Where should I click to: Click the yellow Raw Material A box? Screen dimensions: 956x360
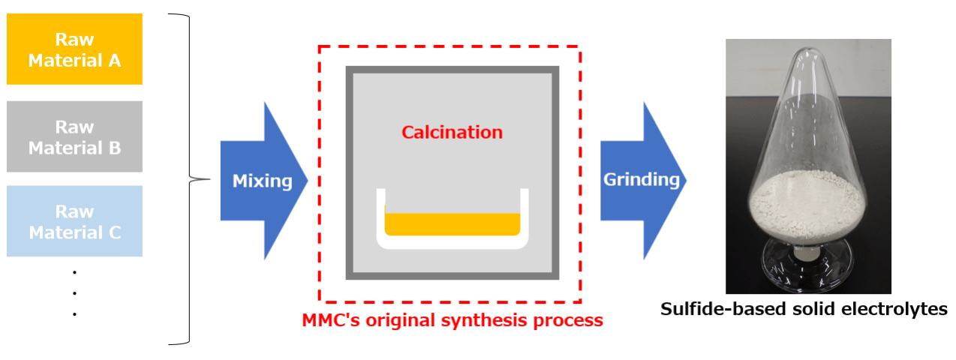(75, 49)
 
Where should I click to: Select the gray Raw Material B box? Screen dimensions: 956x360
(75, 136)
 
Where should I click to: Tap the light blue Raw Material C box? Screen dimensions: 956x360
(75, 221)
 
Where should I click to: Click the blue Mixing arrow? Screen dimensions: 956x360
(263, 181)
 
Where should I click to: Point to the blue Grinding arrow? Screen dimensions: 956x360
(643, 181)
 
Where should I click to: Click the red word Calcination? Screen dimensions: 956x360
(452, 132)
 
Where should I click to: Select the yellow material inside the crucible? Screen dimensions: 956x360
(452, 224)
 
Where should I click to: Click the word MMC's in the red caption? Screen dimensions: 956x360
(331, 320)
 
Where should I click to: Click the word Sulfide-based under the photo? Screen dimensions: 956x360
(723, 309)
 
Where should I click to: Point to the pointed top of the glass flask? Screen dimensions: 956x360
(808, 49)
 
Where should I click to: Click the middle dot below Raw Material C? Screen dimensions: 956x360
(75, 293)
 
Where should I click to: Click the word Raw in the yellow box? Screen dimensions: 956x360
(75, 40)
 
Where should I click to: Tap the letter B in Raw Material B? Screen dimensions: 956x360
(115, 148)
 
